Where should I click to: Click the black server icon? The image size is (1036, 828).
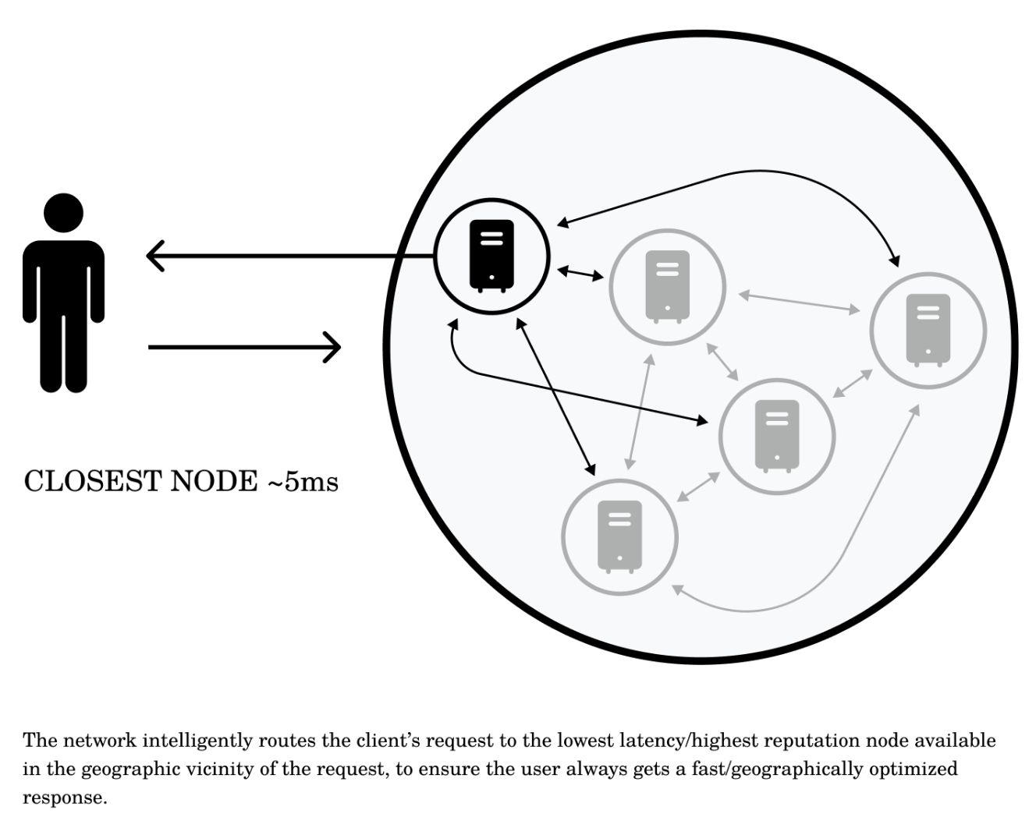(x=491, y=255)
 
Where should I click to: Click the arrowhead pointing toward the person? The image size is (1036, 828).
(x=155, y=256)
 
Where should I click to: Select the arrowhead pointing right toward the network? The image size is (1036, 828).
(x=333, y=347)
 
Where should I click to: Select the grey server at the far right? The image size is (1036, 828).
(x=928, y=330)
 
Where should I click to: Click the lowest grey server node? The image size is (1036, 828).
(x=619, y=536)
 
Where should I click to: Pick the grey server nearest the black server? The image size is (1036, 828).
(x=667, y=286)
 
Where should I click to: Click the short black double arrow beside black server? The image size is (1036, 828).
(x=580, y=273)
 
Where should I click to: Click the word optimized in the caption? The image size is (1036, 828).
(x=913, y=770)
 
